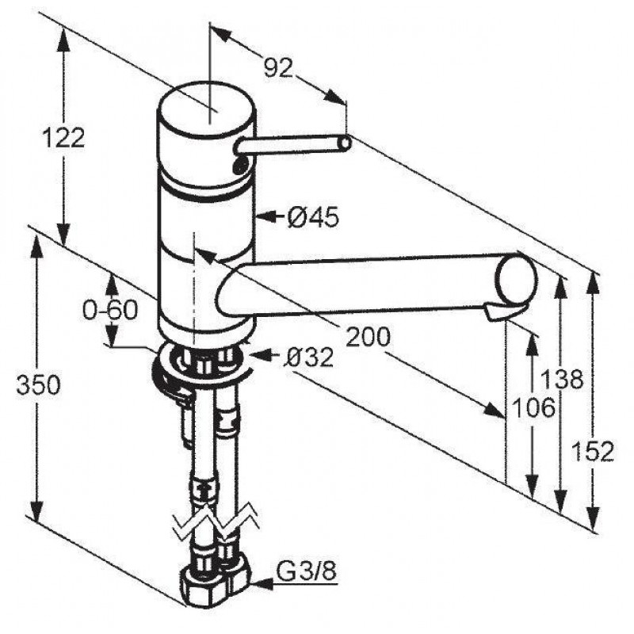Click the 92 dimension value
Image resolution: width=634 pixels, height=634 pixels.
click(278, 67)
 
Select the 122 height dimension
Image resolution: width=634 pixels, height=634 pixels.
click(64, 137)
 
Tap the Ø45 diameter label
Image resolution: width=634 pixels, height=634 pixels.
click(313, 218)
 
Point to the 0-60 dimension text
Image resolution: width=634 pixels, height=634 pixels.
click(110, 311)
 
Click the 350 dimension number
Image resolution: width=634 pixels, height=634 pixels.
click(38, 384)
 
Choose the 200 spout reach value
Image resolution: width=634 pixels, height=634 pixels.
click(368, 336)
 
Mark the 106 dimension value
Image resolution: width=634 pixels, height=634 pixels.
click(533, 407)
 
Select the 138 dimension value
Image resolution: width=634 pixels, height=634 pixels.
click(562, 379)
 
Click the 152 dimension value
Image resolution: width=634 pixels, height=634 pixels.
click(593, 451)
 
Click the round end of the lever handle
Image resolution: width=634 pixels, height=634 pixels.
click(345, 143)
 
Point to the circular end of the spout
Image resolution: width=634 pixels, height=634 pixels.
click(517, 279)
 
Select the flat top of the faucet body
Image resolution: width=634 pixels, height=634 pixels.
click(206, 107)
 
